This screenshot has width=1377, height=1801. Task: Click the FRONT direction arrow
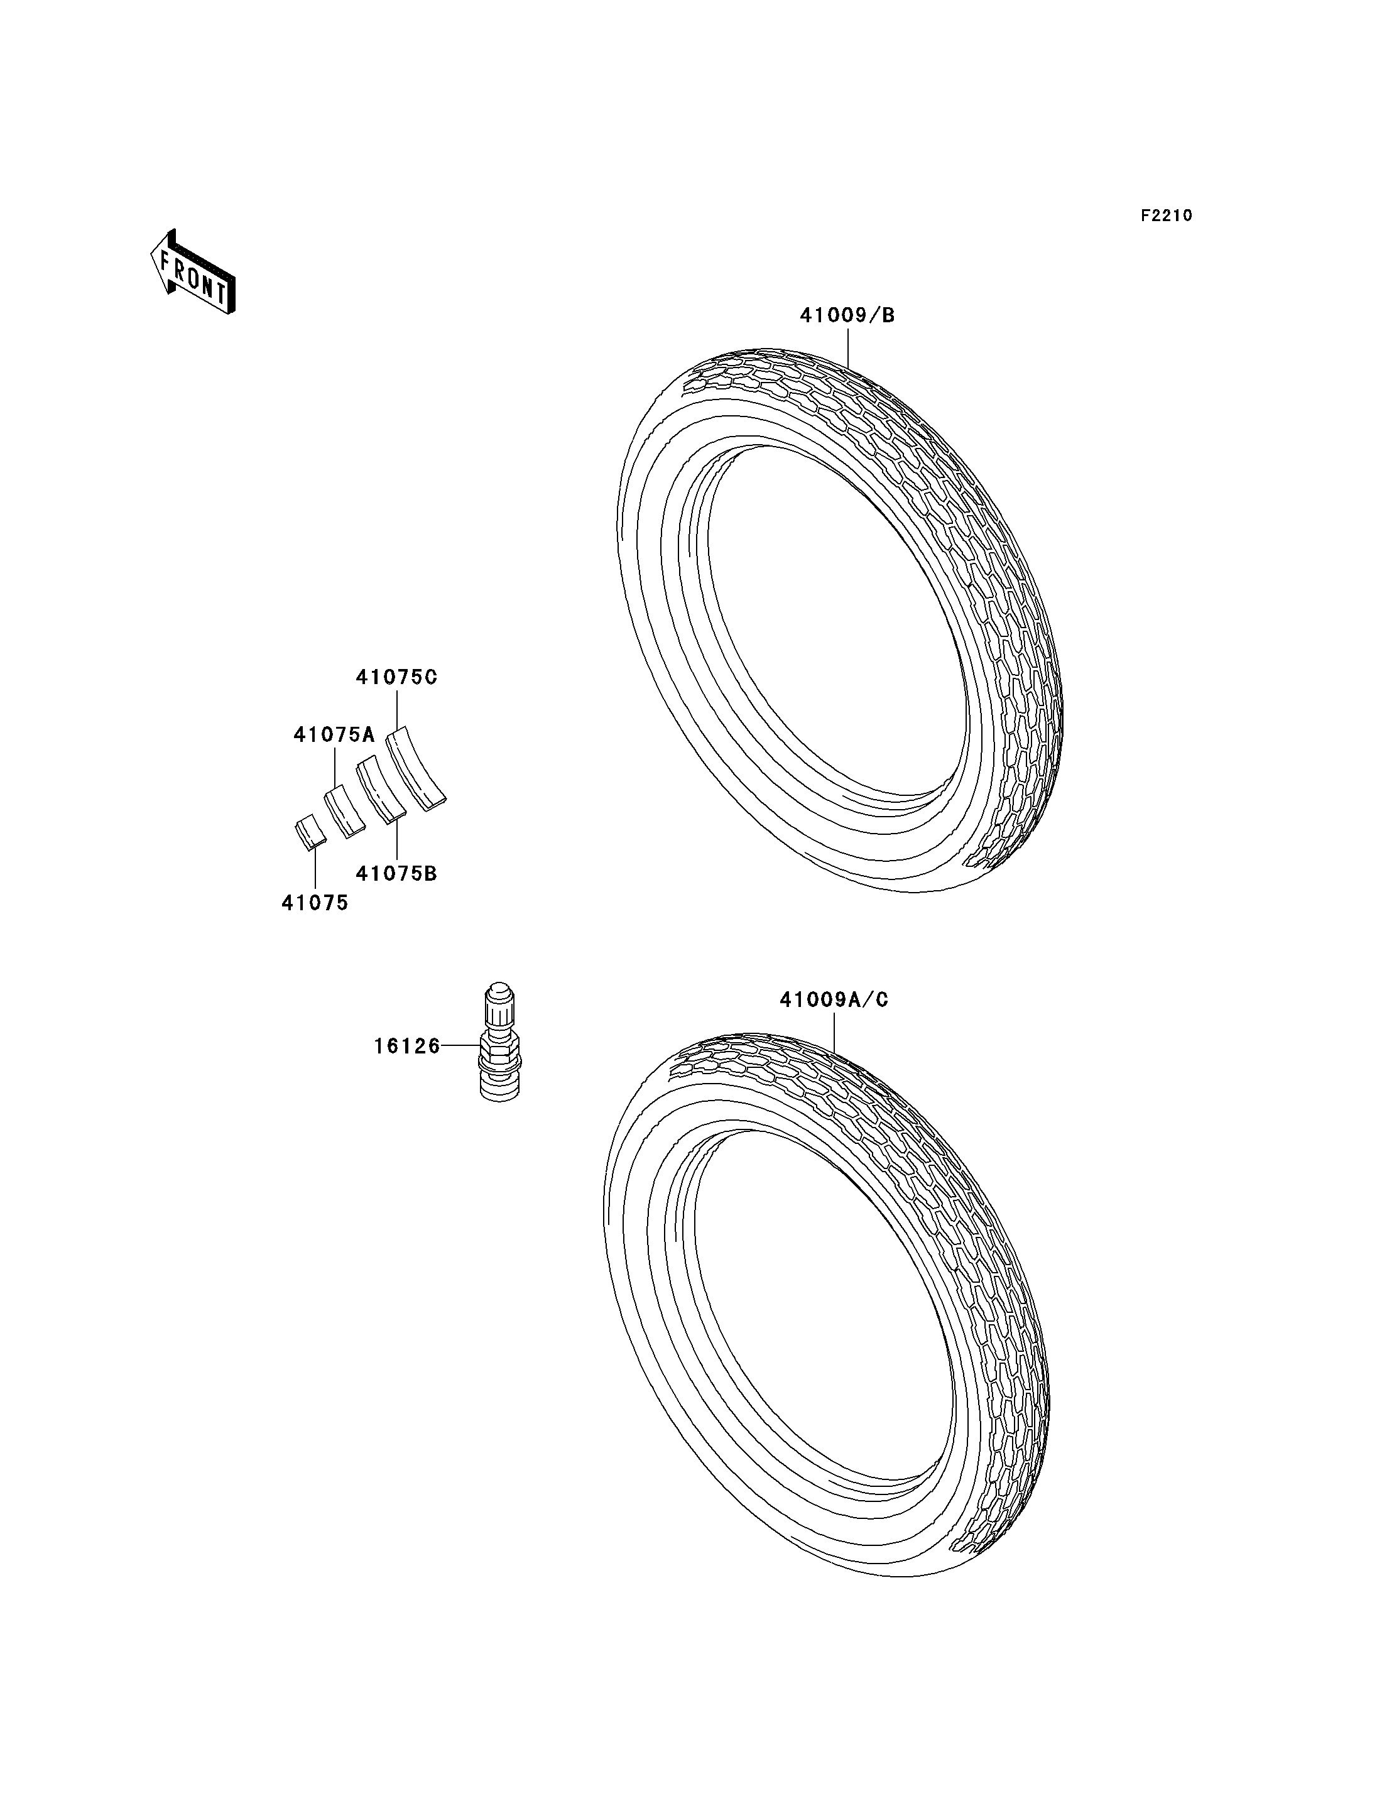point(193,271)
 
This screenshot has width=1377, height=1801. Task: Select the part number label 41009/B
point(847,315)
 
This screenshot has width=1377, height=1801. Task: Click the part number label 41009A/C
point(834,1000)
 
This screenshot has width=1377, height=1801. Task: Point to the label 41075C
point(397,677)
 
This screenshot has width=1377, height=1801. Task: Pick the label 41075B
point(397,874)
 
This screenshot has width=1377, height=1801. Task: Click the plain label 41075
point(315,903)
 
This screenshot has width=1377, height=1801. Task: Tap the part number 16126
point(407,1046)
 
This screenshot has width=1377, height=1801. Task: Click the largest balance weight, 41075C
point(416,769)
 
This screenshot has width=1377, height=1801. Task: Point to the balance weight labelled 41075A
point(345,811)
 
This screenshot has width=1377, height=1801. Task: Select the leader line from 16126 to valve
point(460,1045)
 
